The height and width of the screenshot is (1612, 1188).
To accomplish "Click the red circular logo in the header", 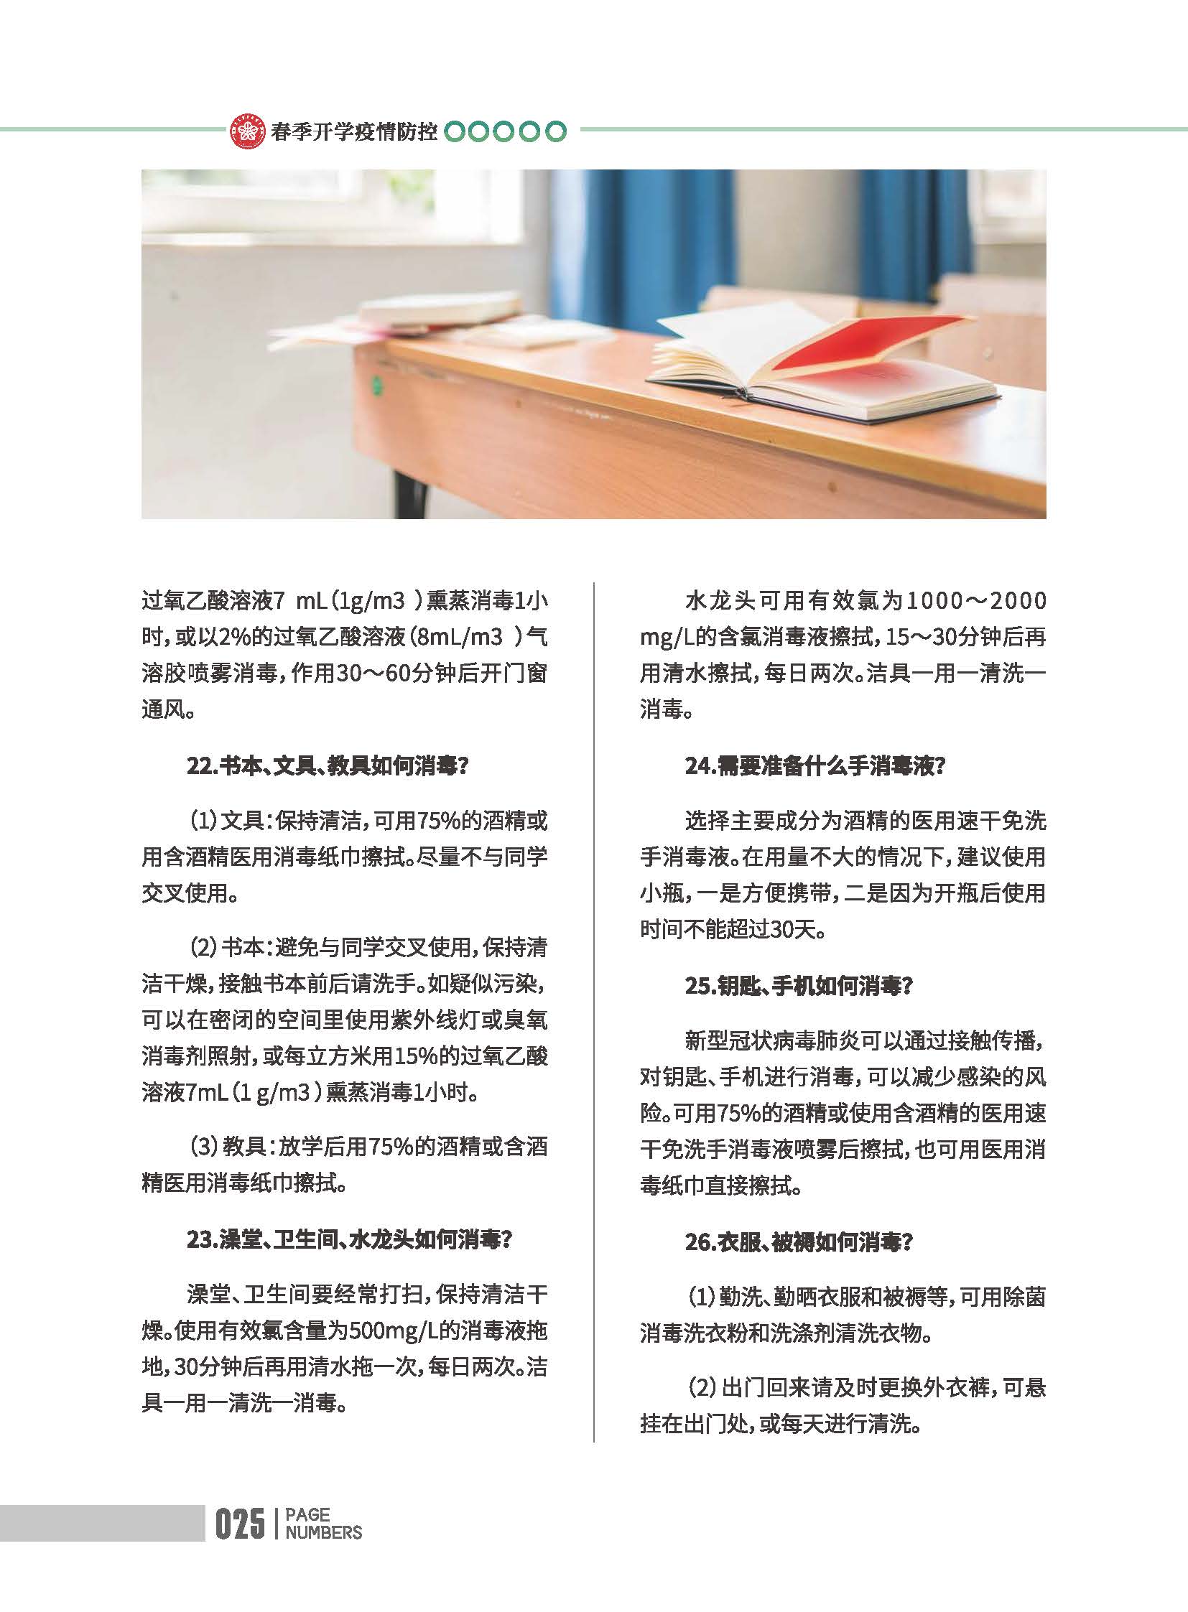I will click(247, 131).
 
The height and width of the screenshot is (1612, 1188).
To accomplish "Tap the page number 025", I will click(238, 1524).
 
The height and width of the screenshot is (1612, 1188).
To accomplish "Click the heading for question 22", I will click(328, 766).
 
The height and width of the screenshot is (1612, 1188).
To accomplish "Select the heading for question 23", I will click(349, 1239).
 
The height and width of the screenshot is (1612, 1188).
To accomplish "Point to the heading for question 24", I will click(814, 766).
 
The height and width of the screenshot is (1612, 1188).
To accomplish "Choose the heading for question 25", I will click(798, 986).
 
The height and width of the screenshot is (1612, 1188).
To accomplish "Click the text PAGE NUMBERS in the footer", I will click(323, 1524).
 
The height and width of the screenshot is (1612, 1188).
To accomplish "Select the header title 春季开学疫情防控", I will click(354, 131).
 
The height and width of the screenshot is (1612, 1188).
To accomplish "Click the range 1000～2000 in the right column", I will click(975, 601).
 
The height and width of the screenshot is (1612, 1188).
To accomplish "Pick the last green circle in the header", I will click(556, 131).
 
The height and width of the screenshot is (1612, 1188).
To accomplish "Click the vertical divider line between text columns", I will click(594, 1007).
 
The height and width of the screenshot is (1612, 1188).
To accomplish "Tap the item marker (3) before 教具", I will click(203, 1146).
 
